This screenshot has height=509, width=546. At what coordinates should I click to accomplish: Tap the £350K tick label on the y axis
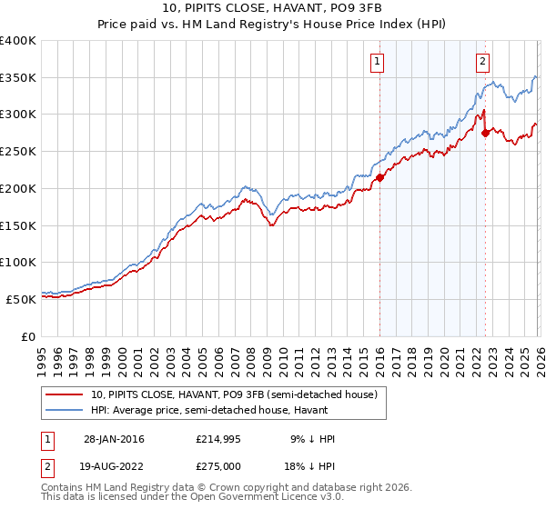coord(18,78)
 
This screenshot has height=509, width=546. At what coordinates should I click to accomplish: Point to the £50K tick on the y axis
coord(21,299)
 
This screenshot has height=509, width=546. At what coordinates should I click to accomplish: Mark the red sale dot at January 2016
coord(379,177)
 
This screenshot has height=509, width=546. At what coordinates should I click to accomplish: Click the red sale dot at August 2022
coord(485,133)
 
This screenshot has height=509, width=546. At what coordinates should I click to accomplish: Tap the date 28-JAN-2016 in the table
coord(109,439)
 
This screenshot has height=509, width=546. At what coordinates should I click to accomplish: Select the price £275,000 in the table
coord(219,466)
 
